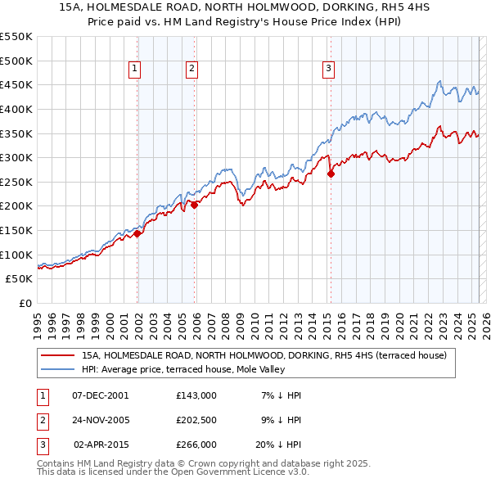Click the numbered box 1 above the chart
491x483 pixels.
click(x=134, y=69)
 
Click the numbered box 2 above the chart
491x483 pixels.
click(x=191, y=69)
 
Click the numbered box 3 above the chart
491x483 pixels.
click(x=327, y=69)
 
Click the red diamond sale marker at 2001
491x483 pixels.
click(x=137, y=233)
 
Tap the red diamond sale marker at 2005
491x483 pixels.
click(x=195, y=205)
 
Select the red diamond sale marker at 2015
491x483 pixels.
click(x=331, y=174)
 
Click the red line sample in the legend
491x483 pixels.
click(x=58, y=355)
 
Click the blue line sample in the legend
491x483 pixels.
click(x=58, y=369)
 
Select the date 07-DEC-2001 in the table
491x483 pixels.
click(x=101, y=395)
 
